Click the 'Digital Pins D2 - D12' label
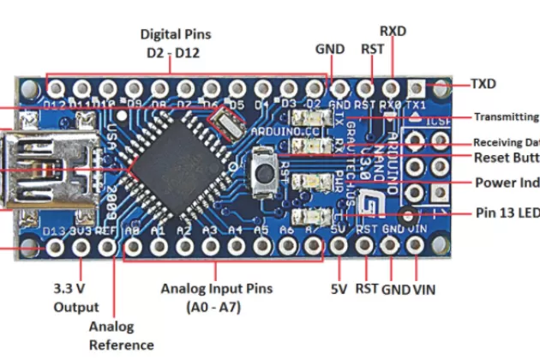click(x=176, y=42)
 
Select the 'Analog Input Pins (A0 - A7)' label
click(x=217, y=297)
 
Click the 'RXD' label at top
click(x=393, y=32)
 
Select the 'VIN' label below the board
click(x=423, y=290)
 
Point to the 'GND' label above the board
click(x=331, y=49)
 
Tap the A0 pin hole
click(x=133, y=248)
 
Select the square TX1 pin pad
click(x=417, y=88)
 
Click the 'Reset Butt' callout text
click(x=506, y=159)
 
